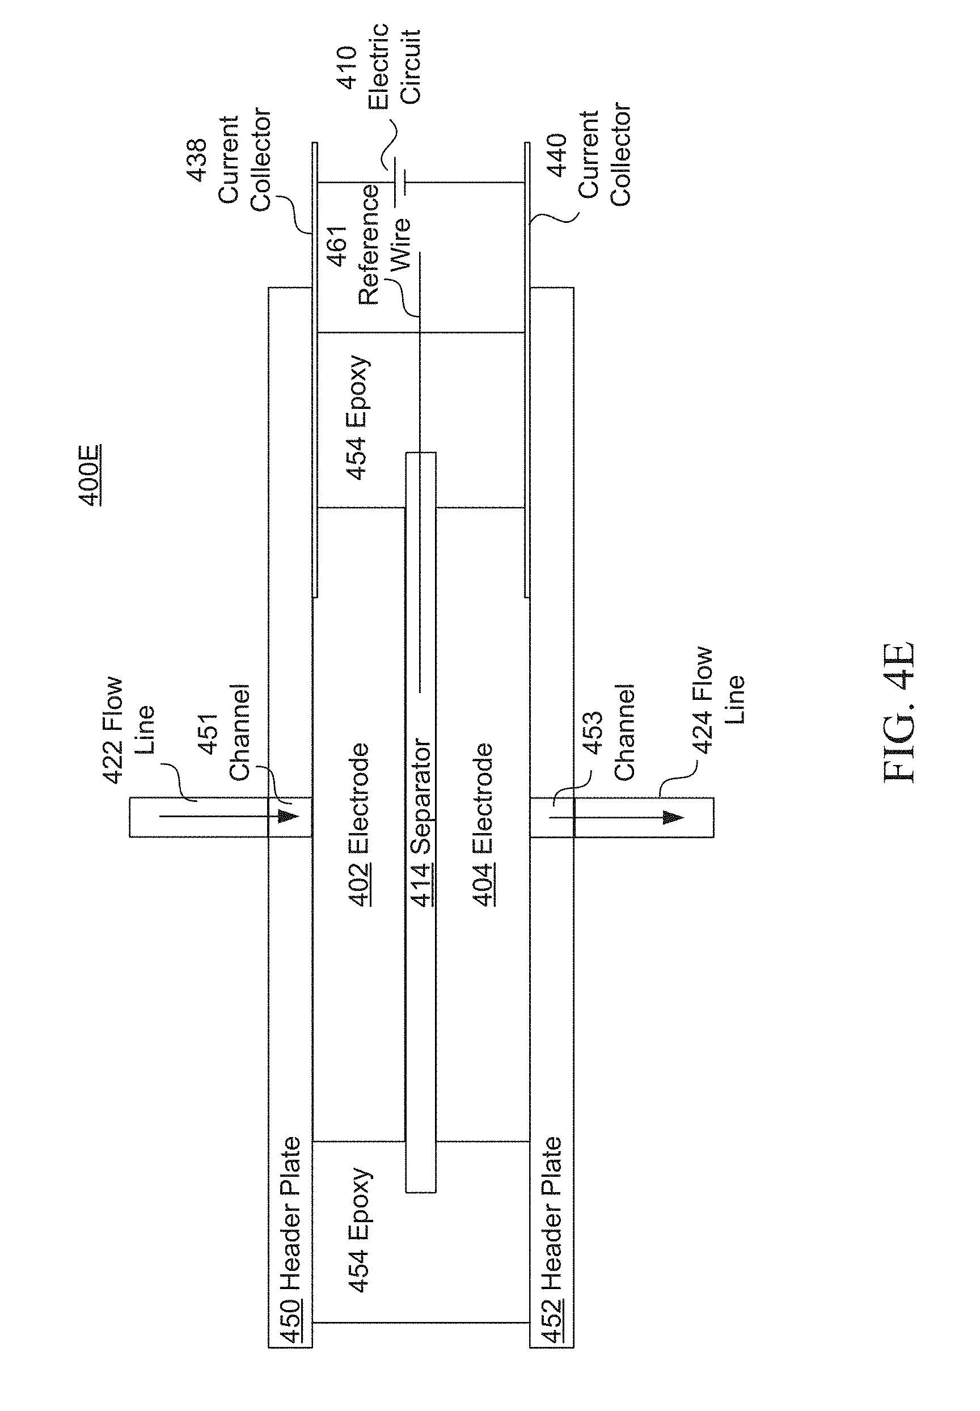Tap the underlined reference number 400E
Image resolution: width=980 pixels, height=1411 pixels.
tap(90, 475)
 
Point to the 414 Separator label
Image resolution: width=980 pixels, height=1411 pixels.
tap(421, 823)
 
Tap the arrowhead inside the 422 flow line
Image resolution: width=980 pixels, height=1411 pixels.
tap(288, 817)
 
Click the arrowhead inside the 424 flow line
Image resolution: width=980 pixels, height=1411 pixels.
tap(674, 817)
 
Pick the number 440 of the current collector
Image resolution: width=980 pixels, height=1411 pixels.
tap(557, 155)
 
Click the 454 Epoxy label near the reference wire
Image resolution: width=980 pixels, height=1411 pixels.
tap(358, 417)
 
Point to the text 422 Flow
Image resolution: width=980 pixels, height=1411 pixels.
tap(113, 730)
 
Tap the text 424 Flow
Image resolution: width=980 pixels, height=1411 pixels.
tap(703, 700)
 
